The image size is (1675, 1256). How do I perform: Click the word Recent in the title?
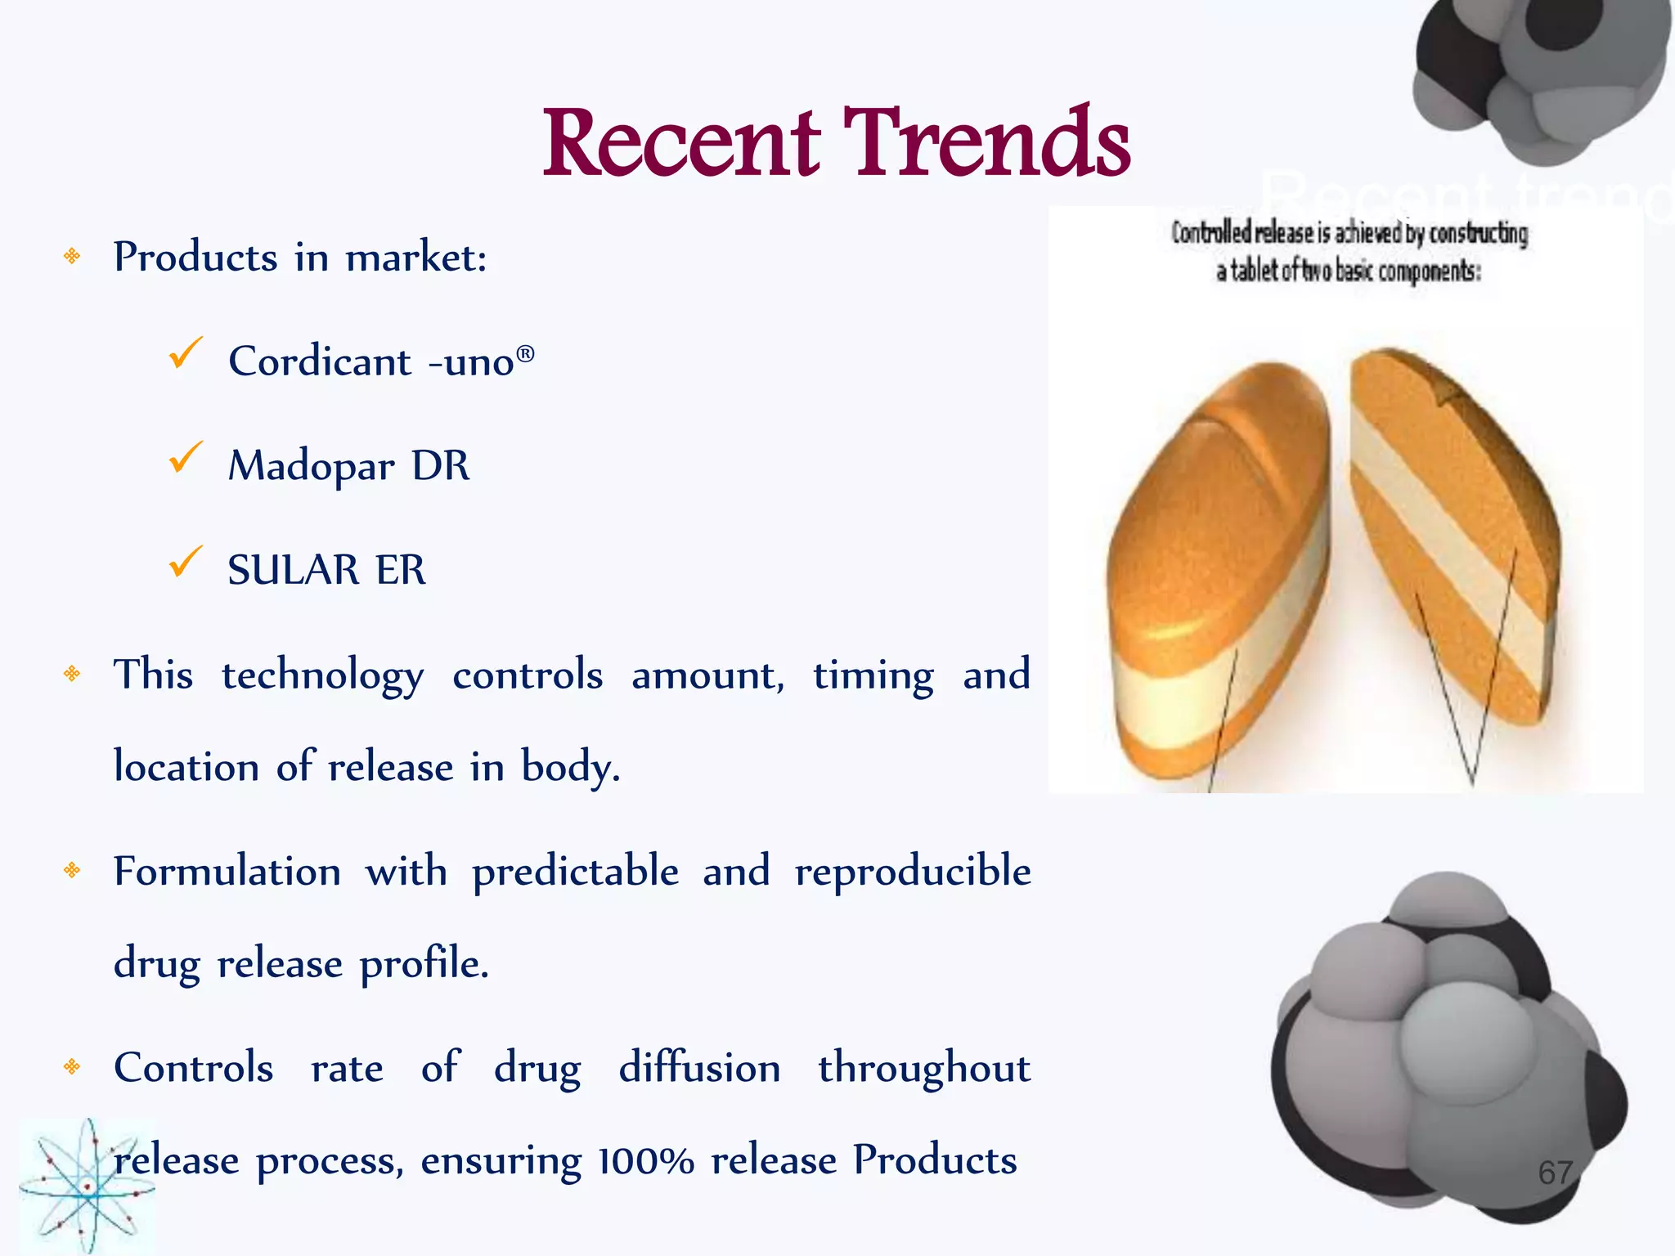point(681,143)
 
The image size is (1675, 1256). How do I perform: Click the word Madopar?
point(311,466)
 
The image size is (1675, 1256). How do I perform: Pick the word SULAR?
point(293,570)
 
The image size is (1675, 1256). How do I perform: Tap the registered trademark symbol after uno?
point(525,353)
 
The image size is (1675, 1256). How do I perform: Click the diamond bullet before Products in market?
point(72,257)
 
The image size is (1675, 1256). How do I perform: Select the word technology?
point(322,676)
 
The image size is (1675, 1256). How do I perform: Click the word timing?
point(873,676)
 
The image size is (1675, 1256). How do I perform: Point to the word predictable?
point(575,872)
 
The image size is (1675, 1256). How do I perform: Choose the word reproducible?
point(912,872)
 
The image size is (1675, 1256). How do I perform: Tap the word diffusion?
point(699,1068)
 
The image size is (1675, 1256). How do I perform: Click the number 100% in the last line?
point(645,1161)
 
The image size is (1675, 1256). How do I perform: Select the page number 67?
point(1555,1173)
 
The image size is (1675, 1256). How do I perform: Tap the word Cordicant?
point(319,361)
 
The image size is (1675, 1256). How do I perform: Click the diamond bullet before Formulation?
point(72,870)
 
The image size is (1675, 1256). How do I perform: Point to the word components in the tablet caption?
point(1429,271)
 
